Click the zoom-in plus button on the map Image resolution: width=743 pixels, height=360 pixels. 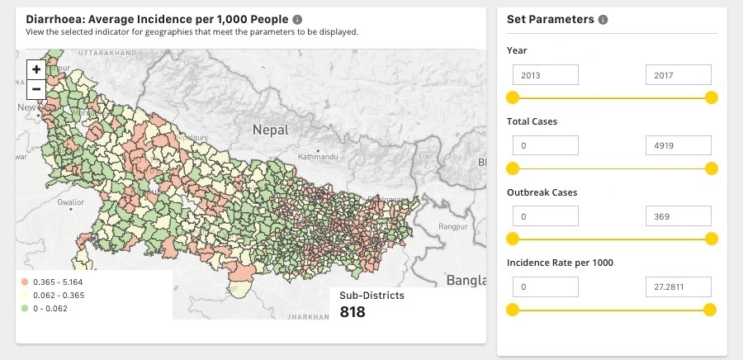pos(36,69)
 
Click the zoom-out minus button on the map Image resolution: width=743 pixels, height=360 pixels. pos(36,89)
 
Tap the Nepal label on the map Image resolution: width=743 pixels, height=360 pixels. pos(271,130)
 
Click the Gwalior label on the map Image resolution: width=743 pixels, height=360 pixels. pos(71,201)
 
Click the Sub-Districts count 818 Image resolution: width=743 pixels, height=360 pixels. pos(353,312)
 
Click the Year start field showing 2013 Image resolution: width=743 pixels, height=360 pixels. pos(545,75)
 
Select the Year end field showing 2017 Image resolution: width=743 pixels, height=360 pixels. pos(678,75)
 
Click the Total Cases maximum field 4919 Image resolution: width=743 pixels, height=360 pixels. pos(678,146)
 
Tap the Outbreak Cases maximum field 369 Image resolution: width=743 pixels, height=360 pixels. pos(678,216)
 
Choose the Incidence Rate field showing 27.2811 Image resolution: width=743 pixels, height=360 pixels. pos(678,287)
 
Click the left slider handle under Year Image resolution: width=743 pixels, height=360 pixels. pos(513,97)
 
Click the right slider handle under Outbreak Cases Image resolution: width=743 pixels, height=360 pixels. pos(711,239)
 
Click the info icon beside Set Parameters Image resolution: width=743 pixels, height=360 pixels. pos(603,20)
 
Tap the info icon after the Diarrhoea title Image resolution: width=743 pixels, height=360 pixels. pos(297,19)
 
